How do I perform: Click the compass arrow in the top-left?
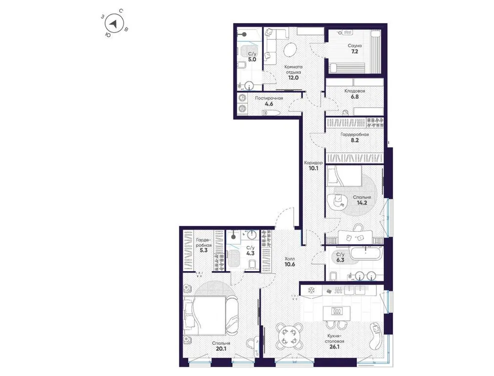pos(115,24)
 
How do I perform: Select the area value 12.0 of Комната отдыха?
pos(293,78)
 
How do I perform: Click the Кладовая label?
pos(354,91)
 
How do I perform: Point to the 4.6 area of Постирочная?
pos(269,104)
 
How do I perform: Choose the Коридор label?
pos(314,163)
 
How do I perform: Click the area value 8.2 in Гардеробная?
pos(356,141)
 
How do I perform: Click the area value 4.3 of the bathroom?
pos(250,254)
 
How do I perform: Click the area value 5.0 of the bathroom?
pos(252,59)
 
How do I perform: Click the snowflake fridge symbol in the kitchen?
pos(310,290)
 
